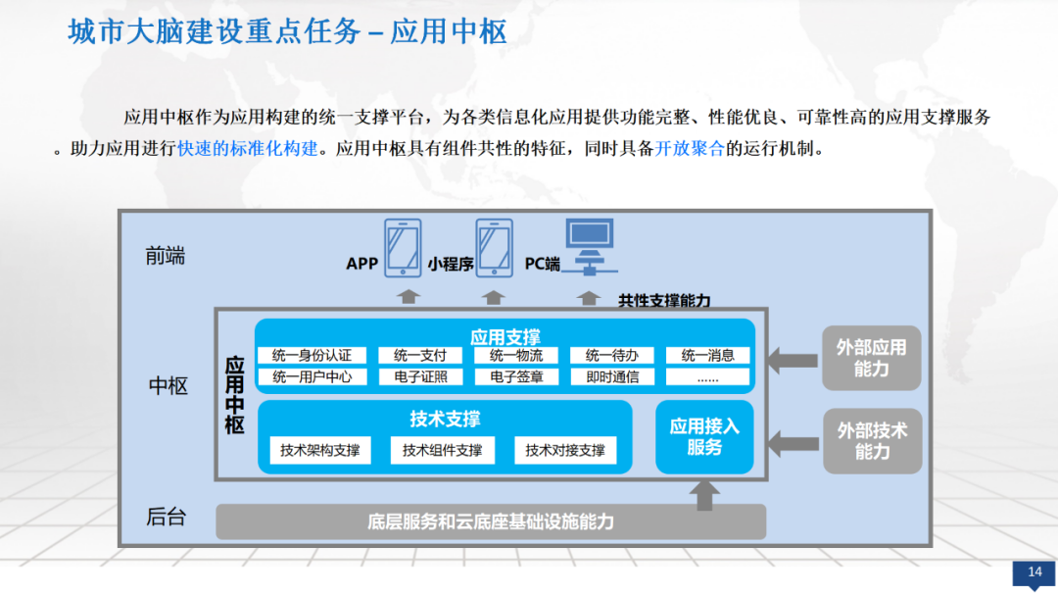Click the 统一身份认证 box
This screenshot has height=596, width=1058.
pos(313,355)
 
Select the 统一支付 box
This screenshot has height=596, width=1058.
pos(420,355)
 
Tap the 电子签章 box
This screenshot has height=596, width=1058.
pos(516,376)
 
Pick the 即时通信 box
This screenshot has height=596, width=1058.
pos(612,376)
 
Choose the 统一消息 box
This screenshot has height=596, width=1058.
pos(707,355)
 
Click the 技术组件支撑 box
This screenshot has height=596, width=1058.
pos(442,451)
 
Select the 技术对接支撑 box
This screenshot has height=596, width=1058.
pos(565,451)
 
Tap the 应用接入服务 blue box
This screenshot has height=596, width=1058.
pos(704,436)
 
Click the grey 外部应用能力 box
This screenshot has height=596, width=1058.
pos(872,358)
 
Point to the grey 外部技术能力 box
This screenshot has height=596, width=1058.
pos(872,441)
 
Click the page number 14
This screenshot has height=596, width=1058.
pos(1034,572)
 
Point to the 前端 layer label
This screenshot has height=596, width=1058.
pos(165,257)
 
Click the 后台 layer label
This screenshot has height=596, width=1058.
pos(167,518)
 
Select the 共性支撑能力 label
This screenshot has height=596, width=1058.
pos(664,301)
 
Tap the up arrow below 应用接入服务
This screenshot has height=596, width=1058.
pos(703,494)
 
